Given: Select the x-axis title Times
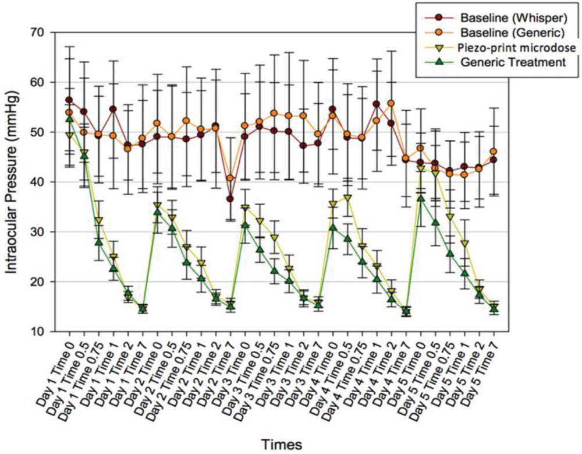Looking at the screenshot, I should pyautogui.click(x=281, y=444).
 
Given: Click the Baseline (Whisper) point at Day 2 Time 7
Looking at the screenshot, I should pyautogui.click(x=230, y=199).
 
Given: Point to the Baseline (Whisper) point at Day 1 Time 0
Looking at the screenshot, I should pyautogui.click(x=69, y=100).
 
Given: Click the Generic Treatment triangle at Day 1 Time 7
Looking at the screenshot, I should pyautogui.click(x=143, y=308).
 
